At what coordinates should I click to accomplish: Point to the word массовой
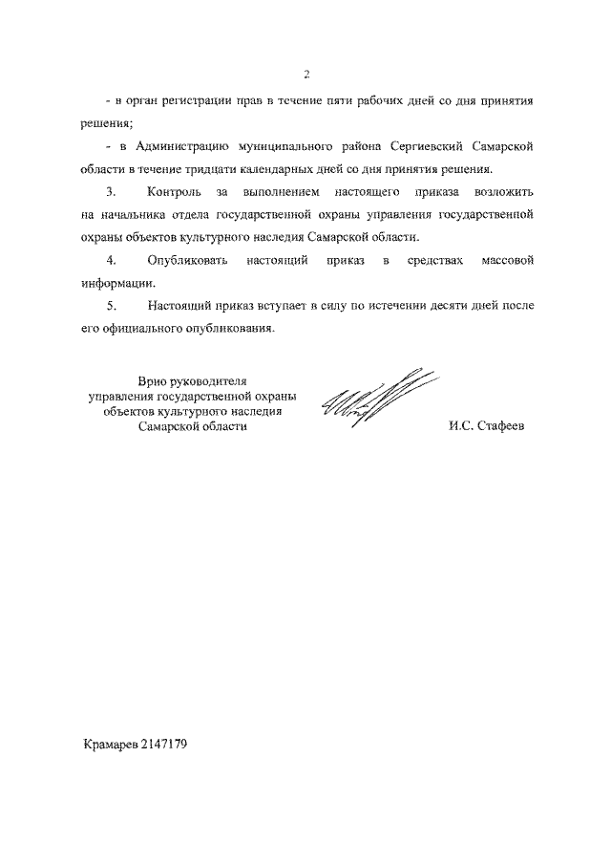[504, 261]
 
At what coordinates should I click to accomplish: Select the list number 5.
[112, 306]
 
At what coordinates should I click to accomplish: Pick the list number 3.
[112, 193]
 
